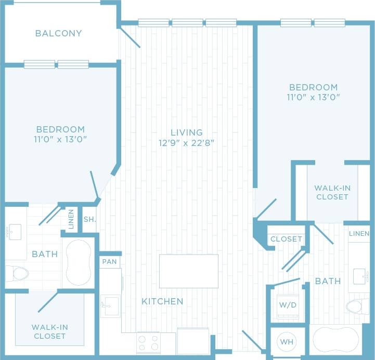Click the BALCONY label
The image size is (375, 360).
click(x=58, y=33)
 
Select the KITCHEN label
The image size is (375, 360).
click(x=163, y=301)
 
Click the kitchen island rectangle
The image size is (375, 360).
click(x=188, y=271)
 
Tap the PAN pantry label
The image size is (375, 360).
click(x=110, y=261)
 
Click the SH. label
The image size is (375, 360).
click(x=89, y=219)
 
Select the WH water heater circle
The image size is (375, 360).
click(x=287, y=342)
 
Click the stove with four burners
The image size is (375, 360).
click(x=148, y=343)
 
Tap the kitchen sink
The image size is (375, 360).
click(x=110, y=306)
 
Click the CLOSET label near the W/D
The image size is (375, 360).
click(x=286, y=239)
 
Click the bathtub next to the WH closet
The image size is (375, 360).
click(x=335, y=340)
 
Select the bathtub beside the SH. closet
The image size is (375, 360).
click(x=78, y=262)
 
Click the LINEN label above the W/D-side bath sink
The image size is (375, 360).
click(x=359, y=234)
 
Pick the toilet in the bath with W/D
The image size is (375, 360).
click(x=357, y=306)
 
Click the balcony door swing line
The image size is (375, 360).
click(x=130, y=38)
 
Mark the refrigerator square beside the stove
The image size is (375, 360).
click(x=193, y=341)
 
